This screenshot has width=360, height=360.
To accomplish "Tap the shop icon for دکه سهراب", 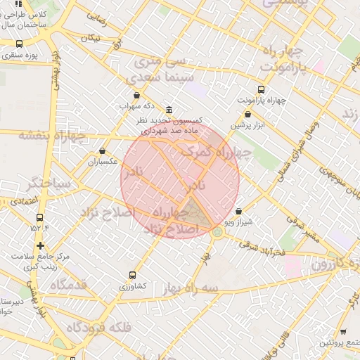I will (x=136, y=95).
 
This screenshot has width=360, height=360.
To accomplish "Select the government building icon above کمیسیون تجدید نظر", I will (x=169, y=110).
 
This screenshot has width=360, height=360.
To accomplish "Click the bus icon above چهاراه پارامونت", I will (x=262, y=89).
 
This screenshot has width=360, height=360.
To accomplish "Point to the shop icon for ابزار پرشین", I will (x=247, y=114).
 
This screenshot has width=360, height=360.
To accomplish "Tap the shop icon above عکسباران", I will (x=103, y=150).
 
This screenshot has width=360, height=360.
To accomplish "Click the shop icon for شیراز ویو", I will (x=238, y=210).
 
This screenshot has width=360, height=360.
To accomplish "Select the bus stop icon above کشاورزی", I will (x=133, y=276).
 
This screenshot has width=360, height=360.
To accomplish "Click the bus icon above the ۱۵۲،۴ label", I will (x=39, y=217).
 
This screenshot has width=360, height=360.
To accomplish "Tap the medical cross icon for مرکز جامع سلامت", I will (x=41, y=245).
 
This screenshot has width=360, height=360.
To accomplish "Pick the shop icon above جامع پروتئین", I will (x=342, y=332).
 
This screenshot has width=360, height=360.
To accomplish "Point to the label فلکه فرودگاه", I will (x=99, y=328).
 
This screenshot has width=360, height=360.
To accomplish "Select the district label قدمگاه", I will (x=68, y=284).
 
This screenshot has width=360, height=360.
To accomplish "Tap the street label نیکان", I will (x=90, y=37).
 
